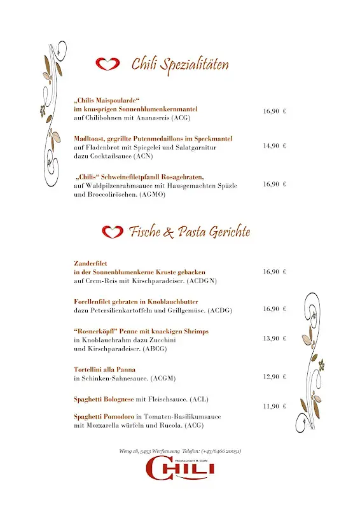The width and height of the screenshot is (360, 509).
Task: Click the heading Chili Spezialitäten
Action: coord(180,64)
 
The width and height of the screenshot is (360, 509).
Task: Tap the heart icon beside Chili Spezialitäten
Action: coord(107,64)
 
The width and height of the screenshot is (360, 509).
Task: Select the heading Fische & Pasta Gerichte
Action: coord(189,232)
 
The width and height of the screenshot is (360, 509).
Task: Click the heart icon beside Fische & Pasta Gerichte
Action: coord(113,232)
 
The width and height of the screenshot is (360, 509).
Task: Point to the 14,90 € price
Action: coord(275,146)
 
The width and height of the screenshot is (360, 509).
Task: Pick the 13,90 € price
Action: coord(275,338)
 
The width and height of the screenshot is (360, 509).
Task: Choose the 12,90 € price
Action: coord(275,377)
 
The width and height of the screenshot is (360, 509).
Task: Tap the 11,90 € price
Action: coord(275,406)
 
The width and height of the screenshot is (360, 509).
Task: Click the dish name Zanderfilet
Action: coord(92,261)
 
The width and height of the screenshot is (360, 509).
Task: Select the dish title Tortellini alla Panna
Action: coord(104,369)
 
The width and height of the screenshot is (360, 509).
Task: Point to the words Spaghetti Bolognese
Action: coord(104,399)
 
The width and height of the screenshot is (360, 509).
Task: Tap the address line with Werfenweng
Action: coord(180,451)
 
